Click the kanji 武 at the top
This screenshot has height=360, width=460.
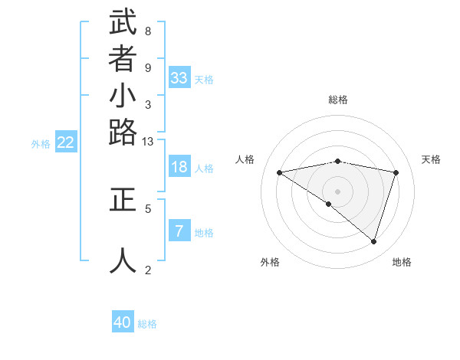coord(123,23)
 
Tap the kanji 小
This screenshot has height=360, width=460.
coord(123,97)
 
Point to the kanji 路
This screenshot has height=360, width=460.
coord(123,133)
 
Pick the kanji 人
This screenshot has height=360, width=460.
coord(123,260)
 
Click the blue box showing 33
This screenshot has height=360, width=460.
coord(179,78)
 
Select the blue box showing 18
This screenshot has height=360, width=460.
coord(179,169)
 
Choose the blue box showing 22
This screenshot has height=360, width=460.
coord(66,142)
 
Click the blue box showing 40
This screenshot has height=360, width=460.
coord(123,322)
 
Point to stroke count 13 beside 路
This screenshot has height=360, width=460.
coord(148,142)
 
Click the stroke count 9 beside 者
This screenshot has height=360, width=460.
coord(148,68)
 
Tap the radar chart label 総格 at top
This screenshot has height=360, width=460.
coord(338,100)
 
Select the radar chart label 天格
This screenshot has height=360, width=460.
coord(432,159)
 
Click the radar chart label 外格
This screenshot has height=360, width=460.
coord(270,262)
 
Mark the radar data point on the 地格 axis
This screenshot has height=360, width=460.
coord(373,241)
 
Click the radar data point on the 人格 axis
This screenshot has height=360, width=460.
coord(280,172)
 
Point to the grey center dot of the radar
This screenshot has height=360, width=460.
coord(338,191)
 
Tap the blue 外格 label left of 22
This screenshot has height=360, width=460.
coord(41,143)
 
